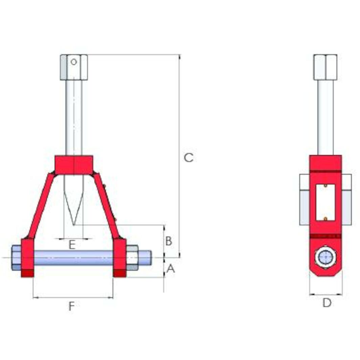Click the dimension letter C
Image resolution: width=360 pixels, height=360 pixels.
pos(188,158)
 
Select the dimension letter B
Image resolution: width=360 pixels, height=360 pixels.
pos(168,241)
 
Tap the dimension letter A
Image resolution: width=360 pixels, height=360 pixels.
pos(171,269)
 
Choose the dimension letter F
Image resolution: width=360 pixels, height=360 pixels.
pos(71,307)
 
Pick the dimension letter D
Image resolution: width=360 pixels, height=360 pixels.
pos(327,303)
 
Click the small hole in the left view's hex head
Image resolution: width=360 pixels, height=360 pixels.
pos(74,62)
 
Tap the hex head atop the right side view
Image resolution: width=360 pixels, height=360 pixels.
pos(325,67)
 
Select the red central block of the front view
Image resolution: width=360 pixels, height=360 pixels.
pos(74,165)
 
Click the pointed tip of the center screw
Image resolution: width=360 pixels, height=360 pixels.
pos(74,223)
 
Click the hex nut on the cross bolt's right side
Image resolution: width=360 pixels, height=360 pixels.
pos(132,258)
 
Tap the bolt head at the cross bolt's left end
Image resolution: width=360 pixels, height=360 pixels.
pos(16,258)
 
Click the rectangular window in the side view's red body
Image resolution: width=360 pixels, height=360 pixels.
pos(325,202)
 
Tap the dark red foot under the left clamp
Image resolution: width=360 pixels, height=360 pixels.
pos(27,273)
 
